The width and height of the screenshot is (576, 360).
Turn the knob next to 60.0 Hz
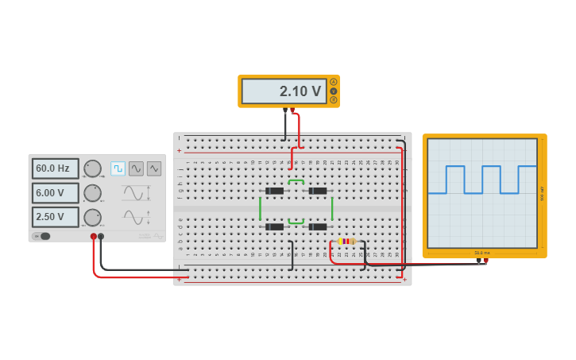click(x=93, y=168)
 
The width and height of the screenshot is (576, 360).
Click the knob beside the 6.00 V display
click(x=93, y=193)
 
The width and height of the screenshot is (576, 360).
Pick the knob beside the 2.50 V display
click(x=93, y=217)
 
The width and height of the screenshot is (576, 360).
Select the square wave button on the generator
click(x=118, y=168)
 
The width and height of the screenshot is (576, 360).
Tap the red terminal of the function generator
click(x=94, y=236)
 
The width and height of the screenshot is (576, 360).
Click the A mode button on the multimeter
click(x=334, y=82)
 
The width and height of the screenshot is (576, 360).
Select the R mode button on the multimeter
click(x=334, y=100)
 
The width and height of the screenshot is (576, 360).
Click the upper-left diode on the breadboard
click(x=274, y=191)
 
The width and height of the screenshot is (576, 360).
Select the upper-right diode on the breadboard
click(x=318, y=191)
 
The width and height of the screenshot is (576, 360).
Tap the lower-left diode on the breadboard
click(x=274, y=226)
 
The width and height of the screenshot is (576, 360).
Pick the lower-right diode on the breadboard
click(x=318, y=226)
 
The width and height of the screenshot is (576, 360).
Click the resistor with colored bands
click(x=346, y=241)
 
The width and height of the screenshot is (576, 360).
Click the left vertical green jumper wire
click(x=260, y=208)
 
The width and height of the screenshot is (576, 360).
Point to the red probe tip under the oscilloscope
click(x=485, y=260)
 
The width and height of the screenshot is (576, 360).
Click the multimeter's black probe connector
click(x=284, y=111)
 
